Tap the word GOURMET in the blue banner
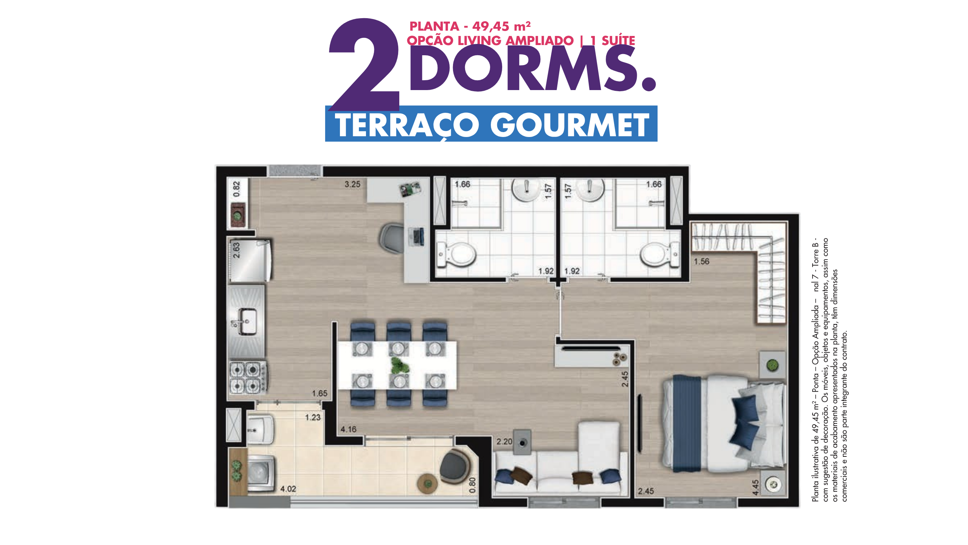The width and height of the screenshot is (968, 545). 569,125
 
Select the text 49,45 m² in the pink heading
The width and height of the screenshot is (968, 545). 501,26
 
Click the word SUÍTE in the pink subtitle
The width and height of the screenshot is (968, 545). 618,40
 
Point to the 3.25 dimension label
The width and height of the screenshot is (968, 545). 352,184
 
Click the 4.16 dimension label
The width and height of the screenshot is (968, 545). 348,429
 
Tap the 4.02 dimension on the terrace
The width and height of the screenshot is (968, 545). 288,489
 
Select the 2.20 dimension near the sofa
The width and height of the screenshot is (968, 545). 504,442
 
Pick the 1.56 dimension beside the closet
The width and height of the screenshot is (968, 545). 701,262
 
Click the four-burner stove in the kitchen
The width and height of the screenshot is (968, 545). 248,377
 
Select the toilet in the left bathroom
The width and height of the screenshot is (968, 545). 456,254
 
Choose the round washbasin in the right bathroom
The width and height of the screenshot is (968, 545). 589,189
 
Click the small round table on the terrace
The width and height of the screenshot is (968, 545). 427,484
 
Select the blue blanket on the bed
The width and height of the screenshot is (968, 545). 687,423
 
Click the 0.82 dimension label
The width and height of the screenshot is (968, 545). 237,189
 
